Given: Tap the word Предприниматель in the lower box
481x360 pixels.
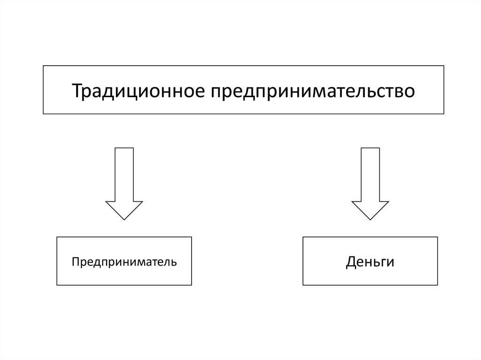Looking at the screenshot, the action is coord(124,262).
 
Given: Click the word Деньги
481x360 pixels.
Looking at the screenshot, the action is coord(370,262).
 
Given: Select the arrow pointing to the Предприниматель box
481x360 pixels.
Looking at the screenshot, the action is coord(124,184).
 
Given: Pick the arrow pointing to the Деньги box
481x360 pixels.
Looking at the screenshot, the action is coord(370,184).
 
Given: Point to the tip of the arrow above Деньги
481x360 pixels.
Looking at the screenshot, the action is coord(370,220).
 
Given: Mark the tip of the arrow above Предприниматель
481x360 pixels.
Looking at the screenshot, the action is coord(124,220).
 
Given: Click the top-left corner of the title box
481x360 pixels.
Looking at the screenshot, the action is coord(43,66).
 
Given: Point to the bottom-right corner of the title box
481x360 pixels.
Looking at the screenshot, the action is coord(444,114).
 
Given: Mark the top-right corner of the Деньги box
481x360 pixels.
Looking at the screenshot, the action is coord(437,237).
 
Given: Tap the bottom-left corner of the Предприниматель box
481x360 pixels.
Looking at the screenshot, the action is coord(57,285).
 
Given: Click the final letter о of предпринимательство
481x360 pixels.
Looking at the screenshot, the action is coord(409,93).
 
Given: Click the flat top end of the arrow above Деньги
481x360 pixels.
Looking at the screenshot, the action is coord(370,148).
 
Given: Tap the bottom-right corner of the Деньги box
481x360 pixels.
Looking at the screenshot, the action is coord(437,285).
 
